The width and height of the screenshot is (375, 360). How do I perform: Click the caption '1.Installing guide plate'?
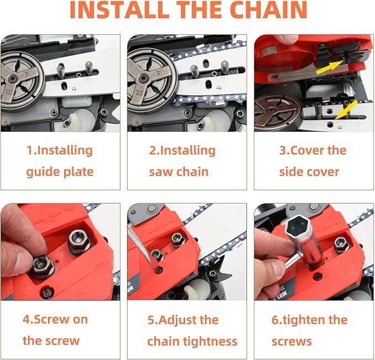60,160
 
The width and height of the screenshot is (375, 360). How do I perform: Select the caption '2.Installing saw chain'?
182,160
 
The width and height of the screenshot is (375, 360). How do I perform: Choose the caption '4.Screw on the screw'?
55,330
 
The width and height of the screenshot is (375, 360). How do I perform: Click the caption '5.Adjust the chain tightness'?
192,330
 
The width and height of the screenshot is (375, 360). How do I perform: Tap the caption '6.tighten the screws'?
309,330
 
